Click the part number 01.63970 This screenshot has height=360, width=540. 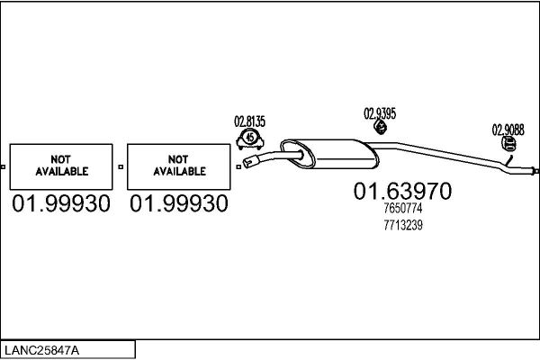coord(402,191)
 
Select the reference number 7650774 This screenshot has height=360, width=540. coord(403,208)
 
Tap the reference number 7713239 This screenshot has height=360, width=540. coord(403,225)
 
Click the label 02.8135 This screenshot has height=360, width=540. coord(249,121)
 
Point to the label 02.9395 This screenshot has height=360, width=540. coord(380,113)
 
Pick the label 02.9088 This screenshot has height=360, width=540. coord(508,130)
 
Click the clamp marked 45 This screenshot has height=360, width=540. coord(250,139)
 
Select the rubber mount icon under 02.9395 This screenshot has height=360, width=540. coord(380,126)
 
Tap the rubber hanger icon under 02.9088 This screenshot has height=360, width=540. coord(508,144)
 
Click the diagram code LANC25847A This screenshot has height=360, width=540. coord(41,350)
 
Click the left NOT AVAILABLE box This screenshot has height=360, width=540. coord(61,166)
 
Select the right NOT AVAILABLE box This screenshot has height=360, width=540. coord(179,166)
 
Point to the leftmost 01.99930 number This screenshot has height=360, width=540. coord(61,203)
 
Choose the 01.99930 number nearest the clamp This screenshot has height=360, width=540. coord(179,203)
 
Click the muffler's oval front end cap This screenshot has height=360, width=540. coord(298,154)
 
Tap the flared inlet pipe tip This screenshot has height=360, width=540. coord(251,162)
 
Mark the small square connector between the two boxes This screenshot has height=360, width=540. coord(121,166)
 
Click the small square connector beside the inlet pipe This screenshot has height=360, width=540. coord(238,166)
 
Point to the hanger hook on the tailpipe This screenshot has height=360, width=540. coord(509,160)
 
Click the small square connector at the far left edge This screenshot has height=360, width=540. coord(3,166)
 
